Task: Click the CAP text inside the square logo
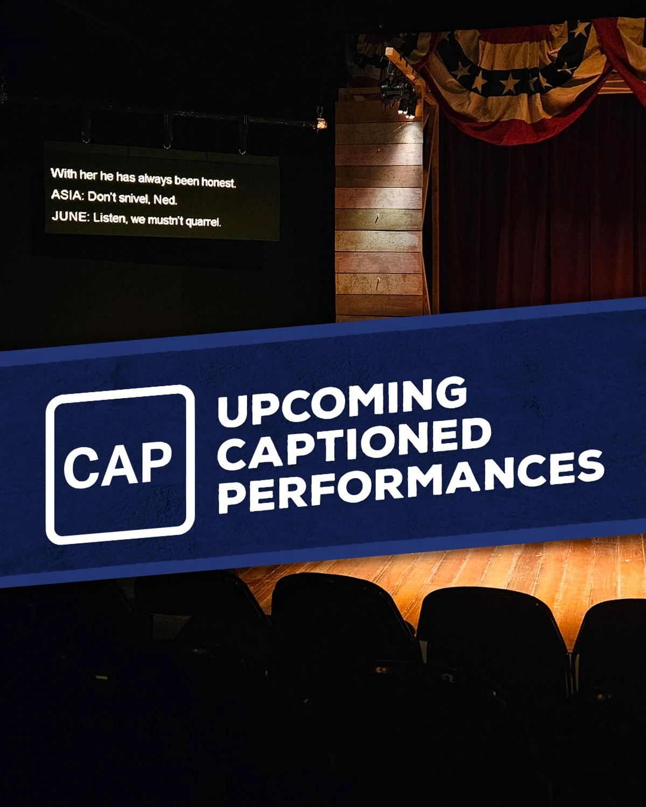click(118, 464)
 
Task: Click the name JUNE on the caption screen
click(70, 216)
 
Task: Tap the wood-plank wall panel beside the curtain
click(379, 210)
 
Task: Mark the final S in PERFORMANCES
click(590, 466)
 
